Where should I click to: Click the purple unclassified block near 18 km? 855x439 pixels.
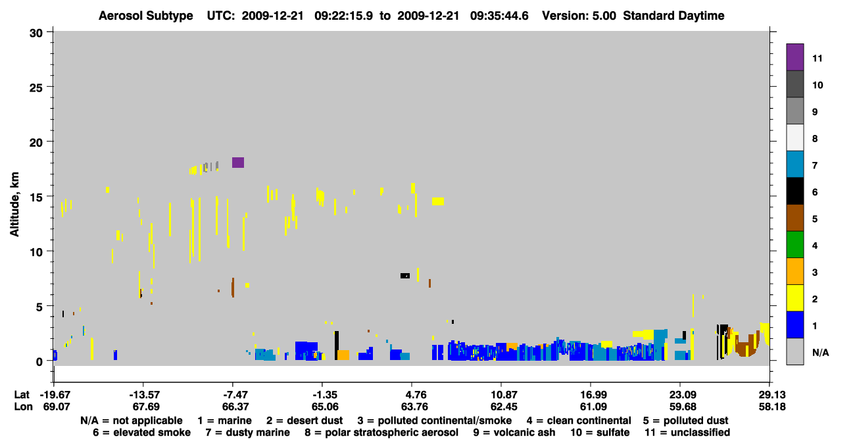pyautogui.click(x=238, y=163)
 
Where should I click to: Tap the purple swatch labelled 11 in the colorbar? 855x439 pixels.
pyautogui.click(x=794, y=57)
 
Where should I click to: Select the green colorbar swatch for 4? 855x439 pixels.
pyautogui.click(x=794, y=245)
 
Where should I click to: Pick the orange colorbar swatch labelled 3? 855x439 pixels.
pyautogui.click(x=794, y=271)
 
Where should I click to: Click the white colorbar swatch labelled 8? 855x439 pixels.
pyautogui.click(x=794, y=138)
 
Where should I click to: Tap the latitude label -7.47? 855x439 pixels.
pyautogui.click(x=232, y=395)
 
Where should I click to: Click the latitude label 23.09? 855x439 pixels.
pyautogui.click(x=683, y=395)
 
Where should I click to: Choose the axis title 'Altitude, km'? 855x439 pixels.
pyautogui.click(x=14, y=205)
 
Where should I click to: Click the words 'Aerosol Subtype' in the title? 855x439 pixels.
pyautogui.click(x=146, y=16)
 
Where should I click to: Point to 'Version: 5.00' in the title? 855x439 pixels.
pyautogui.click(x=579, y=16)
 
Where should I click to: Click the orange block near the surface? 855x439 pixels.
pyautogui.click(x=343, y=355)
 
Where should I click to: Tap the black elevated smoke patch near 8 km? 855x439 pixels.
pyautogui.click(x=405, y=276)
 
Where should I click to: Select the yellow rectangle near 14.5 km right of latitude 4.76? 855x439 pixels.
pyautogui.click(x=438, y=201)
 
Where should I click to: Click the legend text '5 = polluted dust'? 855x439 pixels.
pyautogui.click(x=685, y=421)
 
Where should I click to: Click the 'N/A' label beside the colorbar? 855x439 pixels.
pyautogui.click(x=821, y=353)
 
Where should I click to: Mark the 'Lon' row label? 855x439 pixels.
pyautogui.click(x=23, y=407)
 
